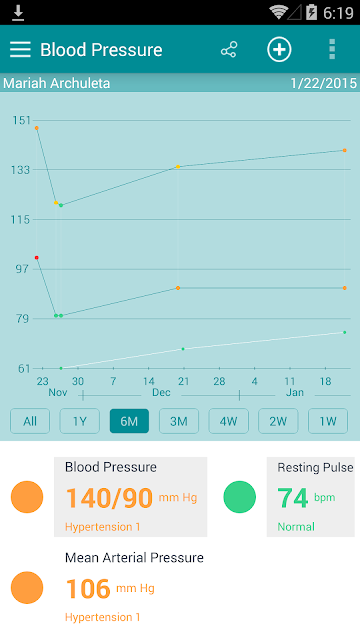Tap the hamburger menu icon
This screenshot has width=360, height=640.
click(20, 49)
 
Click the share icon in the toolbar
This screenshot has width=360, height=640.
click(229, 49)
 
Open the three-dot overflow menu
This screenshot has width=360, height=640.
click(332, 49)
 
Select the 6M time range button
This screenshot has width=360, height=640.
click(129, 421)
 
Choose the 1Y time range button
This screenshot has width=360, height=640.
click(80, 421)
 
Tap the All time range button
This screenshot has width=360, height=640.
click(30, 421)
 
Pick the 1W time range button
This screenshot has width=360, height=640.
click(328, 421)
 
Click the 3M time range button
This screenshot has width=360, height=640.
click(179, 421)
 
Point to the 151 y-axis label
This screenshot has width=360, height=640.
click(21, 120)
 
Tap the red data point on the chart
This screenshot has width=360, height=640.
click(37, 258)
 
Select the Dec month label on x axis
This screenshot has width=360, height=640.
click(161, 392)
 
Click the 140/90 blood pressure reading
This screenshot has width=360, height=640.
click(109, 498)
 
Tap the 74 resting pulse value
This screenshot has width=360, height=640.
click(293, 498)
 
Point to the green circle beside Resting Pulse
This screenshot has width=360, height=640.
click(240, 497)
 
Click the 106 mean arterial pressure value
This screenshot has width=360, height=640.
click(88, 589)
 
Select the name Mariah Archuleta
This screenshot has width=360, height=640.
click(57, 83)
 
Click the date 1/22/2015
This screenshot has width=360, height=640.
click(323, 83)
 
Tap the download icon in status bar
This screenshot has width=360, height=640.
click(18, 13)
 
